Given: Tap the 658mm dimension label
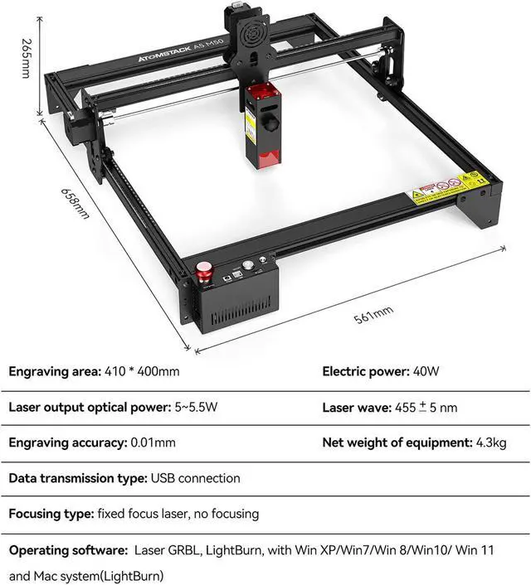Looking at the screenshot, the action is [75, 202].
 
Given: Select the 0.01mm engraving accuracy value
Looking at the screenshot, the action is [153, 443].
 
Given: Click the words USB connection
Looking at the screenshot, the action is [195, 478].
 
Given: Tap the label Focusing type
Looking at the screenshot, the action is [49, 514].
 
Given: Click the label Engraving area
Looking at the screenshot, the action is [55, 371].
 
